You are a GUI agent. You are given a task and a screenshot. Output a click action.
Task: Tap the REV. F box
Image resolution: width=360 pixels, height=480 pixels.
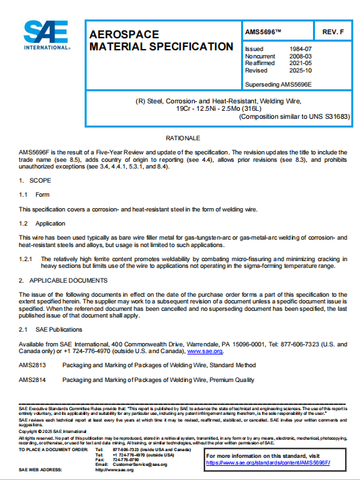point(333,32)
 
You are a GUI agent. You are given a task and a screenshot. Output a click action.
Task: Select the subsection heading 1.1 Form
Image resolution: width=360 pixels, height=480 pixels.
point(34,195)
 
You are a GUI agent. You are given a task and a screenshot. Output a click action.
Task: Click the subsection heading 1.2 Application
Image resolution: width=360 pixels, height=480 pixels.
point(42,223)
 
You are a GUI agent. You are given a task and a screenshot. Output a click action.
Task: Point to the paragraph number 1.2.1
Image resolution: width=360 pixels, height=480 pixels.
point(27,258)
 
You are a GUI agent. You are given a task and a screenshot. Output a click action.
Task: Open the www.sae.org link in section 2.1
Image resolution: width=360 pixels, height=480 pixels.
point(205,350)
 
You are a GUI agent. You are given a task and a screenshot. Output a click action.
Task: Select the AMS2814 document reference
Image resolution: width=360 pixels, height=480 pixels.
point(31,379)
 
